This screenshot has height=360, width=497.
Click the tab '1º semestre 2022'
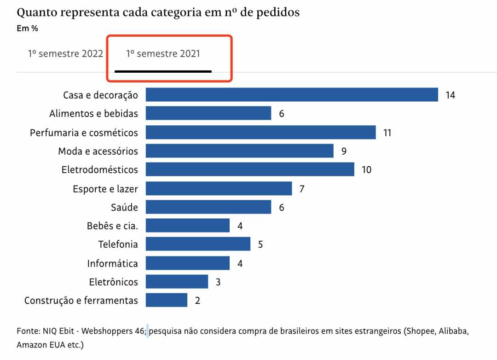[x=65, y=53]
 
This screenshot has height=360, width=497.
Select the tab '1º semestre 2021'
[x=163, y=54]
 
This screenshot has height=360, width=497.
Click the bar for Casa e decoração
[x=292, y=95]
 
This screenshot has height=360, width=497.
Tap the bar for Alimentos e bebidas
[x=208, y=113]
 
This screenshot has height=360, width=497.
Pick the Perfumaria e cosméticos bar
[x=260, y=133]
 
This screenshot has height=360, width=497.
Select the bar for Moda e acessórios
[x=239, y=151]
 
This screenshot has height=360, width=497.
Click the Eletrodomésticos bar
[x=250, y=169]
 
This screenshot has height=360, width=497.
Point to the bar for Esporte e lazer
[x=219, y=188]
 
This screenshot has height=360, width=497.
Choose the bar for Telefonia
[x=198, y=244]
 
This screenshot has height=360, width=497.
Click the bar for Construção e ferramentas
[x=166, y=300]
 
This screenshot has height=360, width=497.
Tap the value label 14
[x=450, y=95]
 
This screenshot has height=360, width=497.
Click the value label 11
[x=387, y=133]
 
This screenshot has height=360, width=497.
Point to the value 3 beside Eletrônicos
[x=218, y=282]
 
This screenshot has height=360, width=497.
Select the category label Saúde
[x=124, y=207]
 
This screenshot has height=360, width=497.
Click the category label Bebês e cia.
[x=112, y=226]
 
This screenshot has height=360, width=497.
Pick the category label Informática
[x=112, y=263]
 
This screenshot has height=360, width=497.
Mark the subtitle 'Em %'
[x=27, y=29]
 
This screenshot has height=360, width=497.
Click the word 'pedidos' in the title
[x=279, y=12]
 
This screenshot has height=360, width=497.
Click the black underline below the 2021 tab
[x=163, y=71]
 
